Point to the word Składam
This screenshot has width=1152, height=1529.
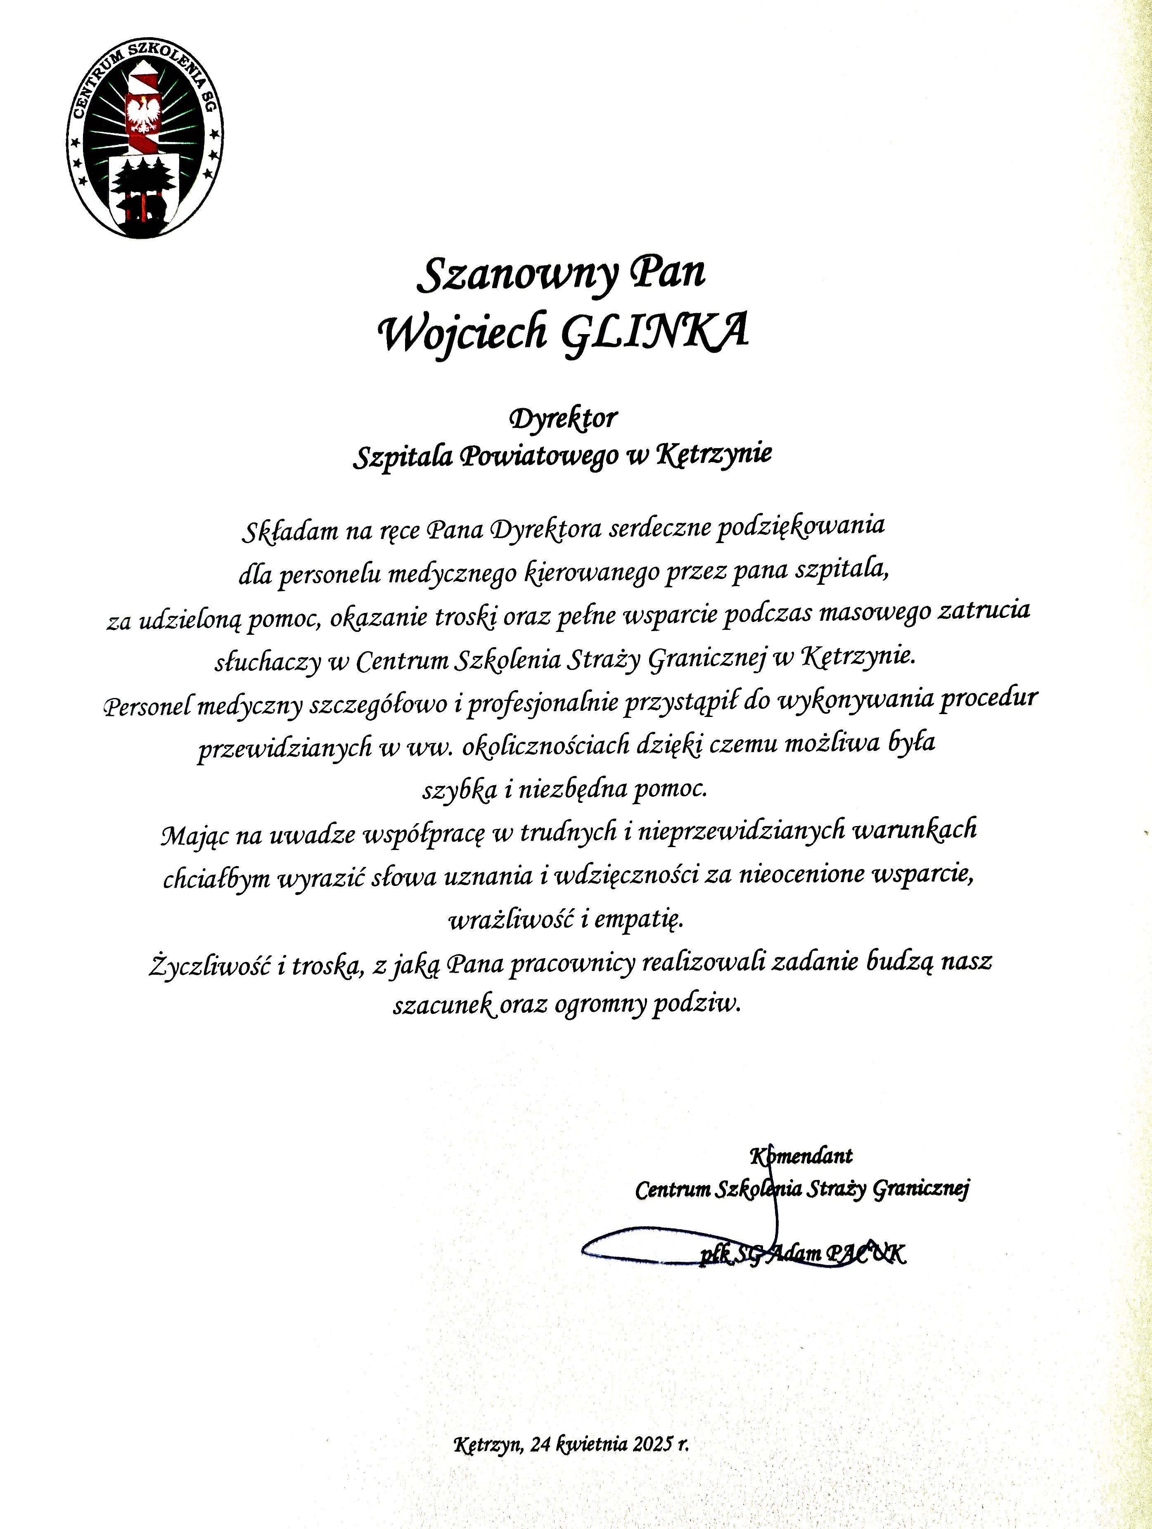[289, 530]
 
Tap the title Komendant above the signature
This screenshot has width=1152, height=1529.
[801, 1155]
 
